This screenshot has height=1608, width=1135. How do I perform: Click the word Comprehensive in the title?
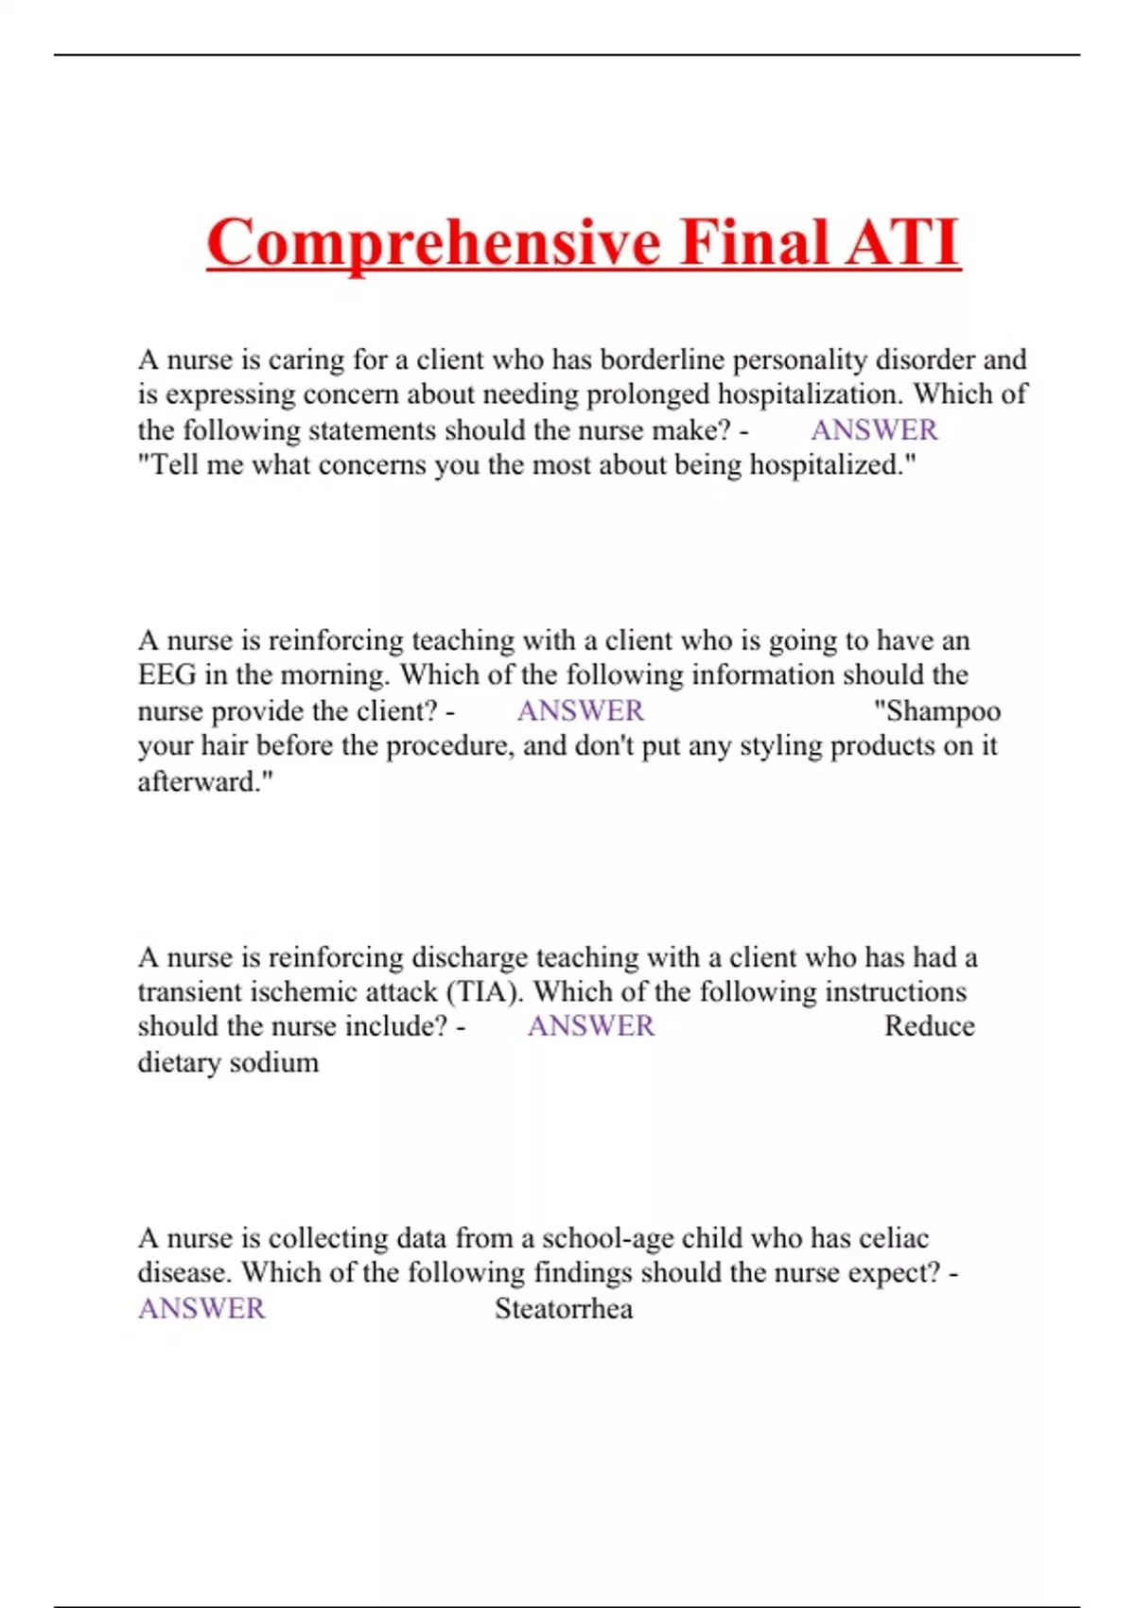point(434,243)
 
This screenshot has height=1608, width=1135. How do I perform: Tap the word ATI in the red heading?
point(902,243)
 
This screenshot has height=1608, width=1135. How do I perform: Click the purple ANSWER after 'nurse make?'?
point(874,430)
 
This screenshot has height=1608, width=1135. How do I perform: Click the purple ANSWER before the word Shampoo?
point(580,711)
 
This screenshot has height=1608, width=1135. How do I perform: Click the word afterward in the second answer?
point(201,782)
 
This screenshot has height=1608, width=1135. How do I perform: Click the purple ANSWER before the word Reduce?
point(590,1027)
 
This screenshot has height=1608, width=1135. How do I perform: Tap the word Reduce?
point(929,1027)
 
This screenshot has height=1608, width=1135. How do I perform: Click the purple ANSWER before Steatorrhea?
point(201,1309)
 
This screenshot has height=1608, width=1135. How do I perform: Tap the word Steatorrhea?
point(564,1309)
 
